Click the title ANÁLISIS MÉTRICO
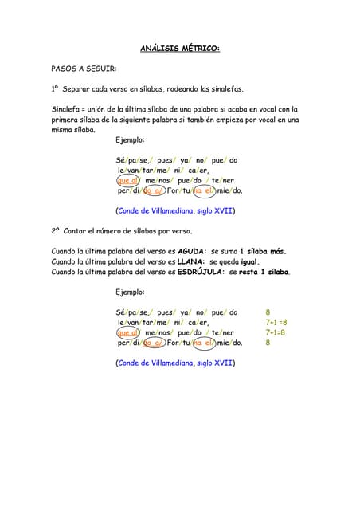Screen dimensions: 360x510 pyautogui.click(x=180, y=49)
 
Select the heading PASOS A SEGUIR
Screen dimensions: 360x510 pyautogui.click(x=84, y=69)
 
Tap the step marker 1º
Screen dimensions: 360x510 pyautogui.click(x=56, y=89)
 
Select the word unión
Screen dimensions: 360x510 pyautogui.click(x=106, y=109)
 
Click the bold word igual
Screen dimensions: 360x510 pyautogui.click(x=249, y=261)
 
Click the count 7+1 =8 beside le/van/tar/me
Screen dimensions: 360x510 pyautogui.click(x=276, y=323)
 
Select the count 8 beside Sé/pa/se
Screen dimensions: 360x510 pyautogui.click(x=268, y=312)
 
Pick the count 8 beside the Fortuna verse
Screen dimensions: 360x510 pyautogui.click(x=268, y=343)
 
